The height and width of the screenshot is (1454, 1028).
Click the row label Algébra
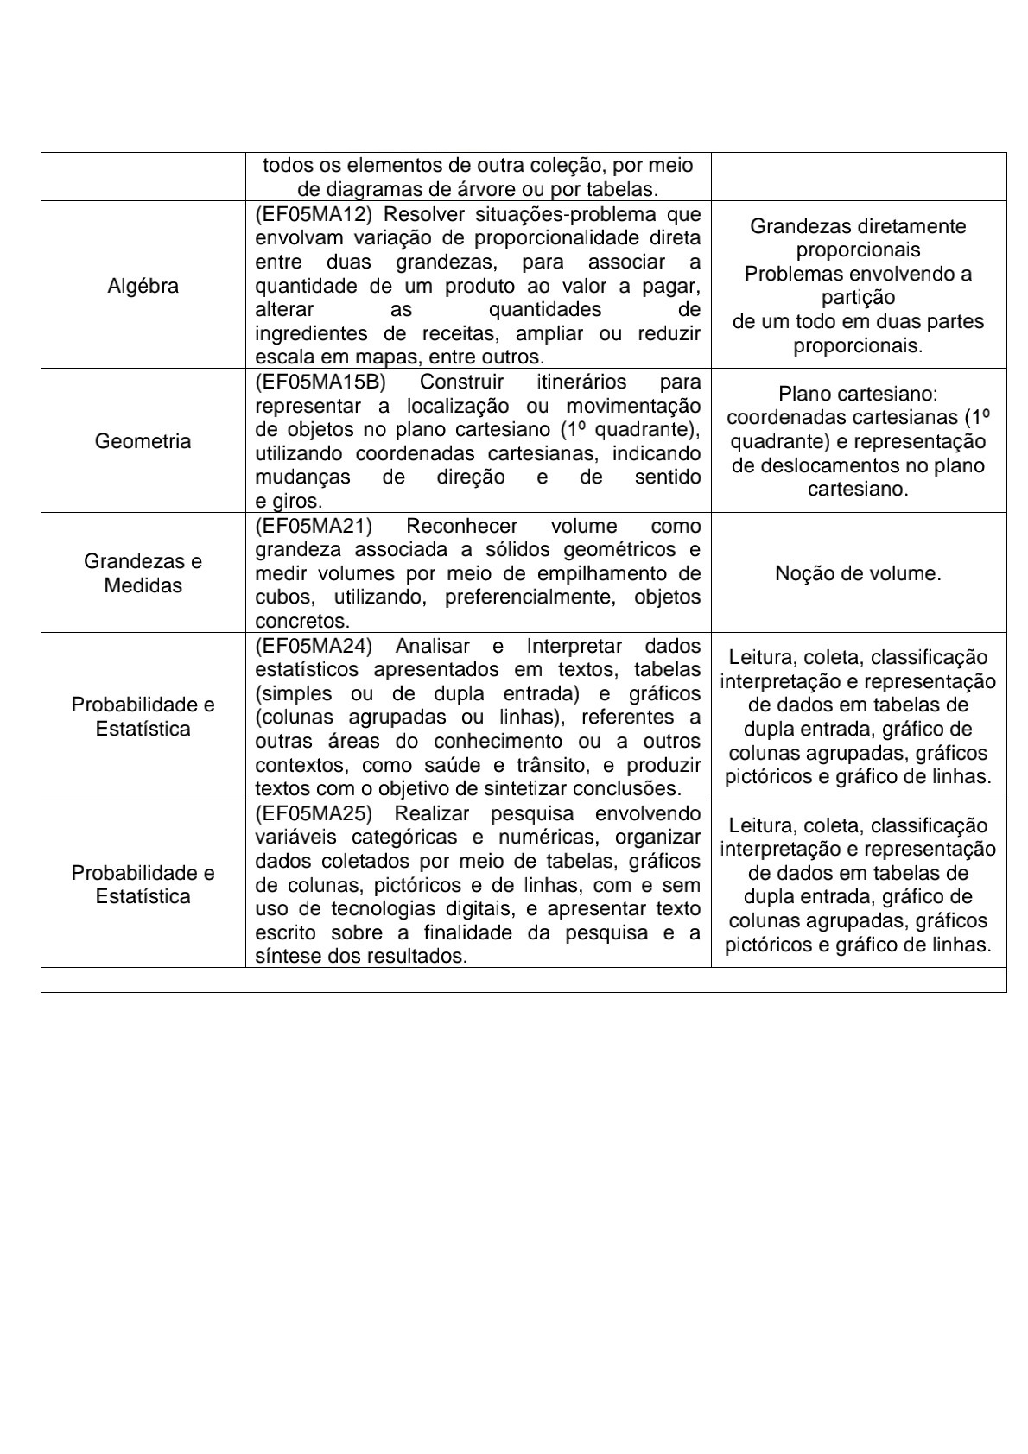[x=143, y=286]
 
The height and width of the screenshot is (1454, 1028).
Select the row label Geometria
[x=143, y=441]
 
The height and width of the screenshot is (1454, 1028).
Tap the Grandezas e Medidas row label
[x=143, y=572]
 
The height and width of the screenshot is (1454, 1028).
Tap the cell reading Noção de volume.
[x=858, y=573]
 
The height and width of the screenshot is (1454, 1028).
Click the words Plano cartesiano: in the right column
[x=858, y=394]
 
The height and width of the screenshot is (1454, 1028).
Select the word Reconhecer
[x=461, y=526]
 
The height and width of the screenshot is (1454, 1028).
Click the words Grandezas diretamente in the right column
[x=858, y=226]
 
